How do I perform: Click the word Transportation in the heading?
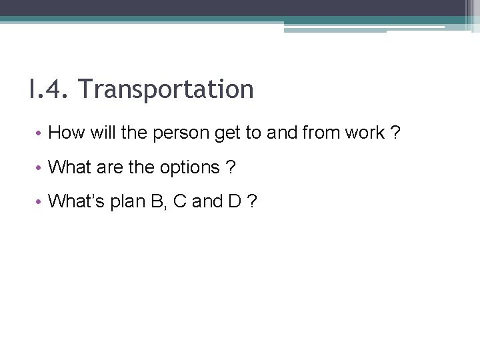click(166, 89)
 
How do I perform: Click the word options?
click(189, 167)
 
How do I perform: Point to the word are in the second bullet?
click(110, 167)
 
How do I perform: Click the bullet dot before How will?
click(39, 133)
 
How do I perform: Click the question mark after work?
click(396, 133)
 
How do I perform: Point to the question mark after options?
click(231, 167)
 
